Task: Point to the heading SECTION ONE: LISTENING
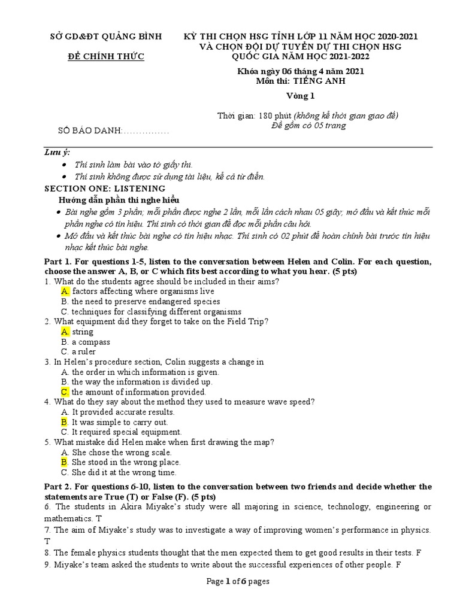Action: pyautogui.click(x=105, y=188)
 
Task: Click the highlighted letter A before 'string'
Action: pyautogui.click(x=65, y=332)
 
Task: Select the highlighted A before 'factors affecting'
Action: pyautogui.click(x=65, y=291)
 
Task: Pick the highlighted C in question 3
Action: pyautogui.click(x=65, y=392)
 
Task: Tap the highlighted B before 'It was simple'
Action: pyautogui.click(x=65, y=422)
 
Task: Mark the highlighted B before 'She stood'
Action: pyautogui.click(x=65, y=462)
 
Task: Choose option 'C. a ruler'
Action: pyautogui.click(x=78, y=352)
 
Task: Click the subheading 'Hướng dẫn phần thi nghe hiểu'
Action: pyautogui.click(x=119, y=200)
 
